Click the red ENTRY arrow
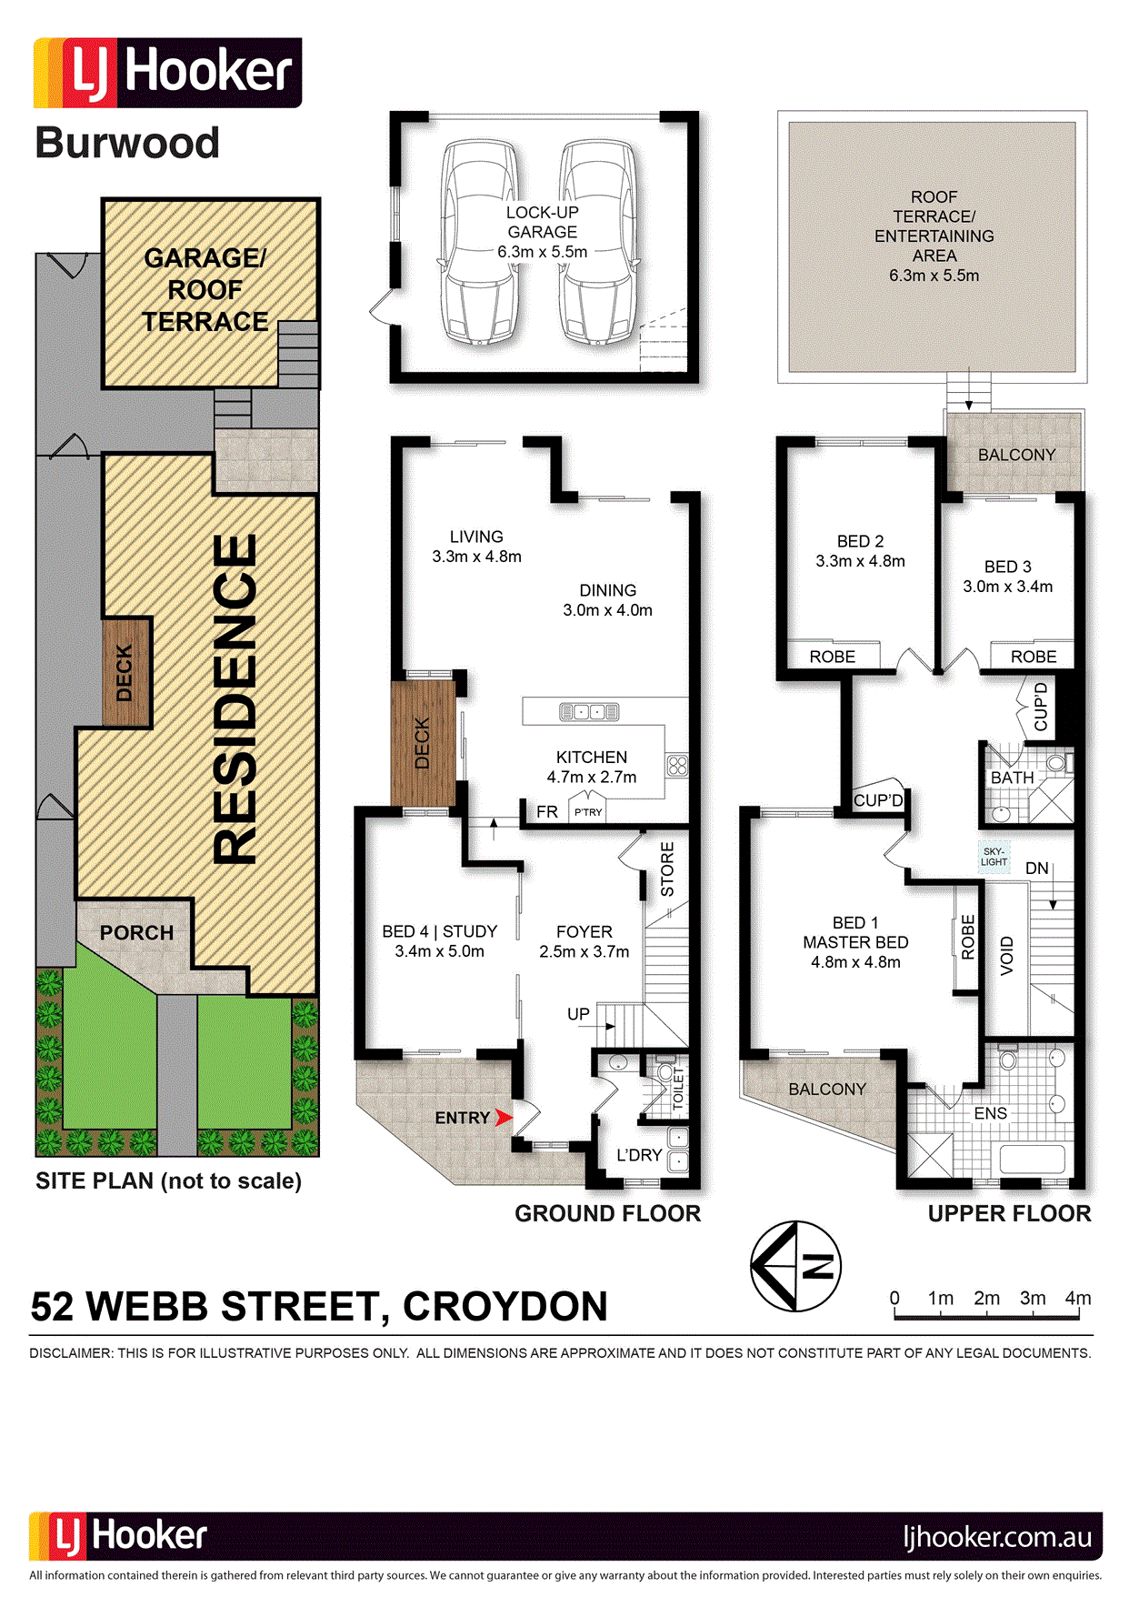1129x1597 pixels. pos(504,1117)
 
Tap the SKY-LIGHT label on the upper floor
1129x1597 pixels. pos(994,857)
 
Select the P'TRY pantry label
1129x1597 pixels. pos(588,812)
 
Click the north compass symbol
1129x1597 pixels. pos(795,1266)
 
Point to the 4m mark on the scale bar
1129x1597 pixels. pos(1078,1299)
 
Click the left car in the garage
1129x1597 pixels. pos(479,241)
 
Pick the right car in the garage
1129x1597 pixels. pos(598,241)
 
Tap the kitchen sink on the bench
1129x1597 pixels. pos(589,711)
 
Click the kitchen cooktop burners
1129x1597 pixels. pos(677,765)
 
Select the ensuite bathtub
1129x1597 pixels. pos(1032,1159)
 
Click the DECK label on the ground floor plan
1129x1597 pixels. pos(422,743)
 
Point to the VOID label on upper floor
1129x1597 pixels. pos(1006,955)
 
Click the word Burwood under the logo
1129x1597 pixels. pos(127,143)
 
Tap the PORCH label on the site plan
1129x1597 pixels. pos(136,933)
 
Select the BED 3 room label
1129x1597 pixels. pos(1008,567)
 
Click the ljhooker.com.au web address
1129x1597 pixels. pos(997,1536)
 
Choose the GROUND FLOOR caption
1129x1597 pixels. pos(608,1213)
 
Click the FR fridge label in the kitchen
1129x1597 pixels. pos(547,811)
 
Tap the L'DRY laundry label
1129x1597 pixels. pos(639,1155)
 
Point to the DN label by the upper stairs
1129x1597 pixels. pos(1037,869)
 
